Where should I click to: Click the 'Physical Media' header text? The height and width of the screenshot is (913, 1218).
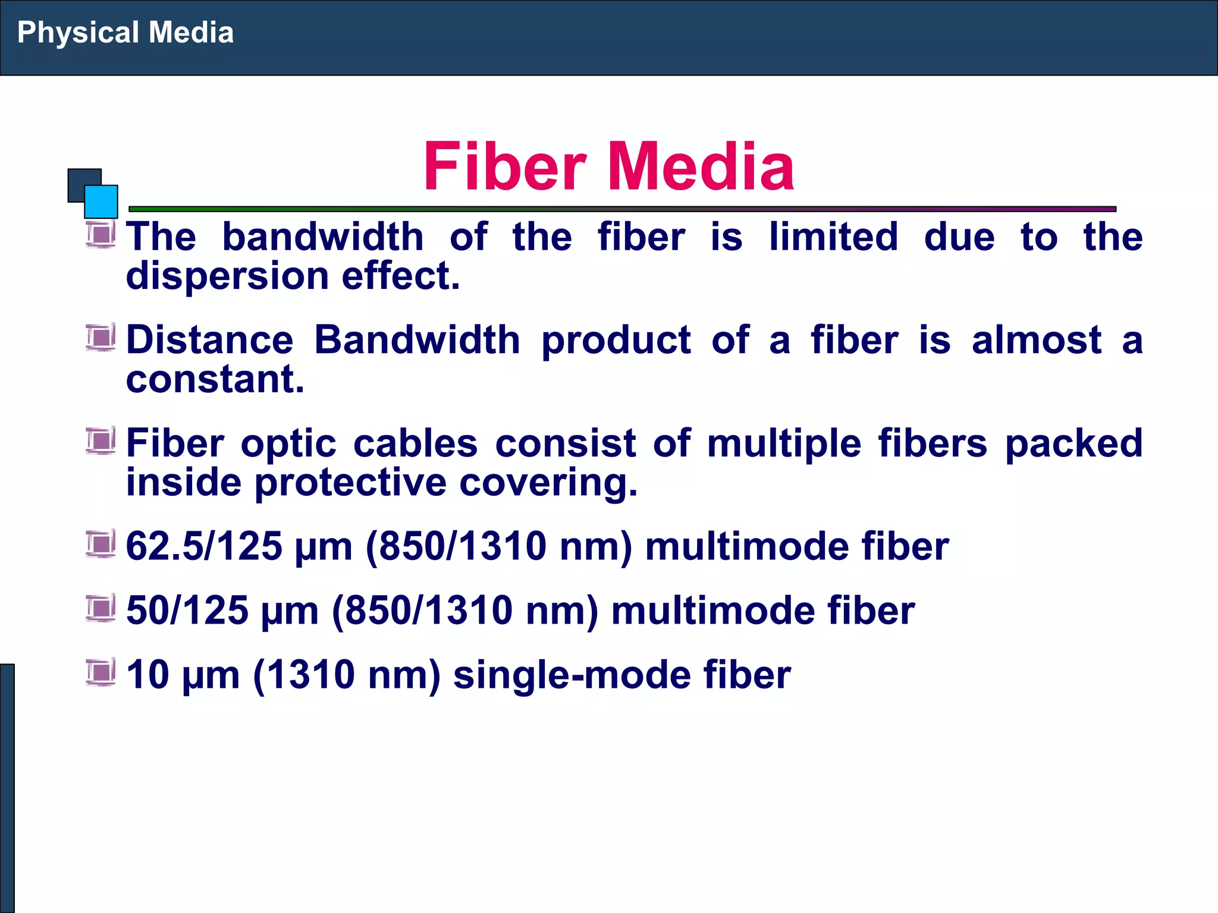tap(125, 33)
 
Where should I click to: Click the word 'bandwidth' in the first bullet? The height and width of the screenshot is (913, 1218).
tap(323, 237)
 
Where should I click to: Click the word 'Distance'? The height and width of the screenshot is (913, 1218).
tap(210, 340)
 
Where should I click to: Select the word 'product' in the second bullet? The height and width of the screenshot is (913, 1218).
tap(616, 340)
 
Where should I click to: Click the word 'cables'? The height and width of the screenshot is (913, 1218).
tap(415, 443)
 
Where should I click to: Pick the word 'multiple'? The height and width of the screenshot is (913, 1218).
tap(784, 443)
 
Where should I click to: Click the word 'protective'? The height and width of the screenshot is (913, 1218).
tap(350, 482)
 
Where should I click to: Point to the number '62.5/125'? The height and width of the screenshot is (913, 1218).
tap(204, 546)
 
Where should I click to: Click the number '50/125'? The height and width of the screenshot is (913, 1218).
tap(187, 610)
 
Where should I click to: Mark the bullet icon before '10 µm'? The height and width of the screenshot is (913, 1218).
tap(101, 673)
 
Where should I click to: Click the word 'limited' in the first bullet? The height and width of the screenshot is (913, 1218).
tap(833, 237)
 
